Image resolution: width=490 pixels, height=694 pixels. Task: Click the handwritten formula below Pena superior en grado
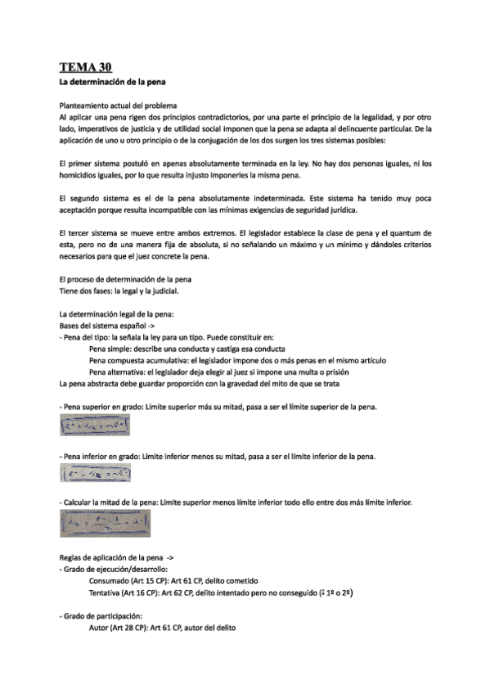(96, 426)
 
